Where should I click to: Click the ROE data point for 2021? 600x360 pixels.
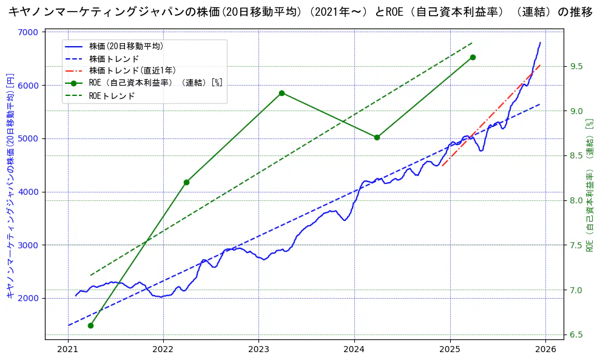(x=90, y=325)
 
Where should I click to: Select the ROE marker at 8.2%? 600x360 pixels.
(x=186, y=182)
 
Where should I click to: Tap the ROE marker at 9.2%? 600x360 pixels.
(x=281, y=93)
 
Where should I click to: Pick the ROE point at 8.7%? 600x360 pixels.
(x=377, y=137)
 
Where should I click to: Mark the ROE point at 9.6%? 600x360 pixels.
(x=473, y=57)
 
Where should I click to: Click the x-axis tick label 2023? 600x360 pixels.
(x=258, y=348)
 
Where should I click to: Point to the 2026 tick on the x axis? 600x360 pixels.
(x=545, y=348)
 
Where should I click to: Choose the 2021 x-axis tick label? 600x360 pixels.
(x=68, y=348)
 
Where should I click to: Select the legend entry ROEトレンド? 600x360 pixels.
(x=112, y=95)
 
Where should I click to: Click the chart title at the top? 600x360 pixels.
(x=300, y=12)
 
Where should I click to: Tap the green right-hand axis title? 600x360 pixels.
(x=588, y=185)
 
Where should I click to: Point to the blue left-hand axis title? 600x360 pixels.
(x=10, y=185)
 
